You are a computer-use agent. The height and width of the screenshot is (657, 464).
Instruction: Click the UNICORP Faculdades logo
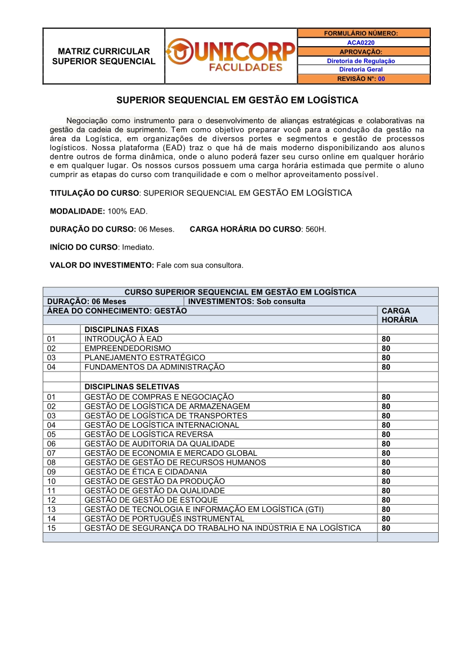pyautogui.click(x=231, y=56)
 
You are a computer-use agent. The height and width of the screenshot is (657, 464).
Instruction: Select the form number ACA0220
pyautogui.click(x=361, y=42)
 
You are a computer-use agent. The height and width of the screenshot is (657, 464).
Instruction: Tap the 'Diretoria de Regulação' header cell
pyautogui.click(x=361, y=61)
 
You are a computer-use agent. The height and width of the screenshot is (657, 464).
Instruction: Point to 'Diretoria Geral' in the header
pyautogui.click(x=361, y=70)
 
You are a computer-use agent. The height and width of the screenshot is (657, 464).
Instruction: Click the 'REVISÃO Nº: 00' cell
pyautogui.click(x=361, y=79)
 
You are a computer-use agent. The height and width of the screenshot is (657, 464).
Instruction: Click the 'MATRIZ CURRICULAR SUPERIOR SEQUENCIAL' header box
pyautogui.click(x=104, y=56)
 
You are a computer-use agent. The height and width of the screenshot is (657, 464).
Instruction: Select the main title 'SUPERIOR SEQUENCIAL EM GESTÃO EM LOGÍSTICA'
pyautogui.click(x=236, y=101)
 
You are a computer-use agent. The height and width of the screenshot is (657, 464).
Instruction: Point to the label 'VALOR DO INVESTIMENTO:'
pyautogui.click(x=102, y=265)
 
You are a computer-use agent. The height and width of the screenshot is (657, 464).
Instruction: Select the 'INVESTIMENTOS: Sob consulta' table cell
pyautogui.click(x=247, y=301)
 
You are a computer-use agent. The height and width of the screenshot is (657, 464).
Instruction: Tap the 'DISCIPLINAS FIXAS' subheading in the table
pyautogui.click(x=122, y=329)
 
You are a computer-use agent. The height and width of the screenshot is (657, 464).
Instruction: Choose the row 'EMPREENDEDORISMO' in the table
pyautogui.click(x=128, y=348)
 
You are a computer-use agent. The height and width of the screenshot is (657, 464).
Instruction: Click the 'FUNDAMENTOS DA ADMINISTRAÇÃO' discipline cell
pyautogui.click(x=154, y=367)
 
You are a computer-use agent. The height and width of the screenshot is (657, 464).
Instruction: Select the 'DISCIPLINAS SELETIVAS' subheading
pyautogui.click(x=132, y=387)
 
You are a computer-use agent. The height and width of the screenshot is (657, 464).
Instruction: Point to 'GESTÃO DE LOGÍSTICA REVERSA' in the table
pyautogui.click(x=149, y=434)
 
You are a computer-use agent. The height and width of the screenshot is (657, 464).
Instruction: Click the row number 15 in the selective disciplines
pyautogui.click(x=52, y=528)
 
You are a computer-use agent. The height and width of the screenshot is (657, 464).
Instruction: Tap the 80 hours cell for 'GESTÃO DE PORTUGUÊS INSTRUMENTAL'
pyautogui.click(x=386, y=519)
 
